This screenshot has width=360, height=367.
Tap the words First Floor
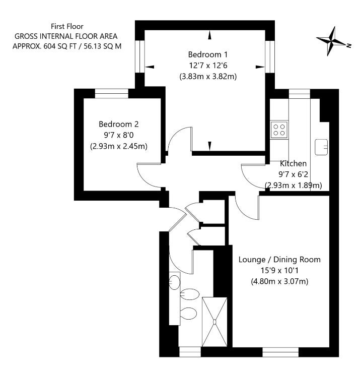[67, 26]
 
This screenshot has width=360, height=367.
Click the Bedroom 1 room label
[208, 54]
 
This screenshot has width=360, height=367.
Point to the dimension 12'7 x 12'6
[208, 66]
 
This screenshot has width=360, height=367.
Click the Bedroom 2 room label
[119, 124]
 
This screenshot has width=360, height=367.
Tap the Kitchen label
[293, 163]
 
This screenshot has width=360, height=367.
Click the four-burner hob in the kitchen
[279, 130]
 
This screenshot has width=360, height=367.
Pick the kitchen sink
[321, 147]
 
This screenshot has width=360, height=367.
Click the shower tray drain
[215, 322]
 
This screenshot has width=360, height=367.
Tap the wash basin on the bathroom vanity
[175, 280]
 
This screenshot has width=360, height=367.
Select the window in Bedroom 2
[112, 93]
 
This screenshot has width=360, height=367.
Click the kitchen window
[299, 93]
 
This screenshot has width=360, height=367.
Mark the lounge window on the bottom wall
[280, 350]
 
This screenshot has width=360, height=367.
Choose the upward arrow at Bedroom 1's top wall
[209, 35]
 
